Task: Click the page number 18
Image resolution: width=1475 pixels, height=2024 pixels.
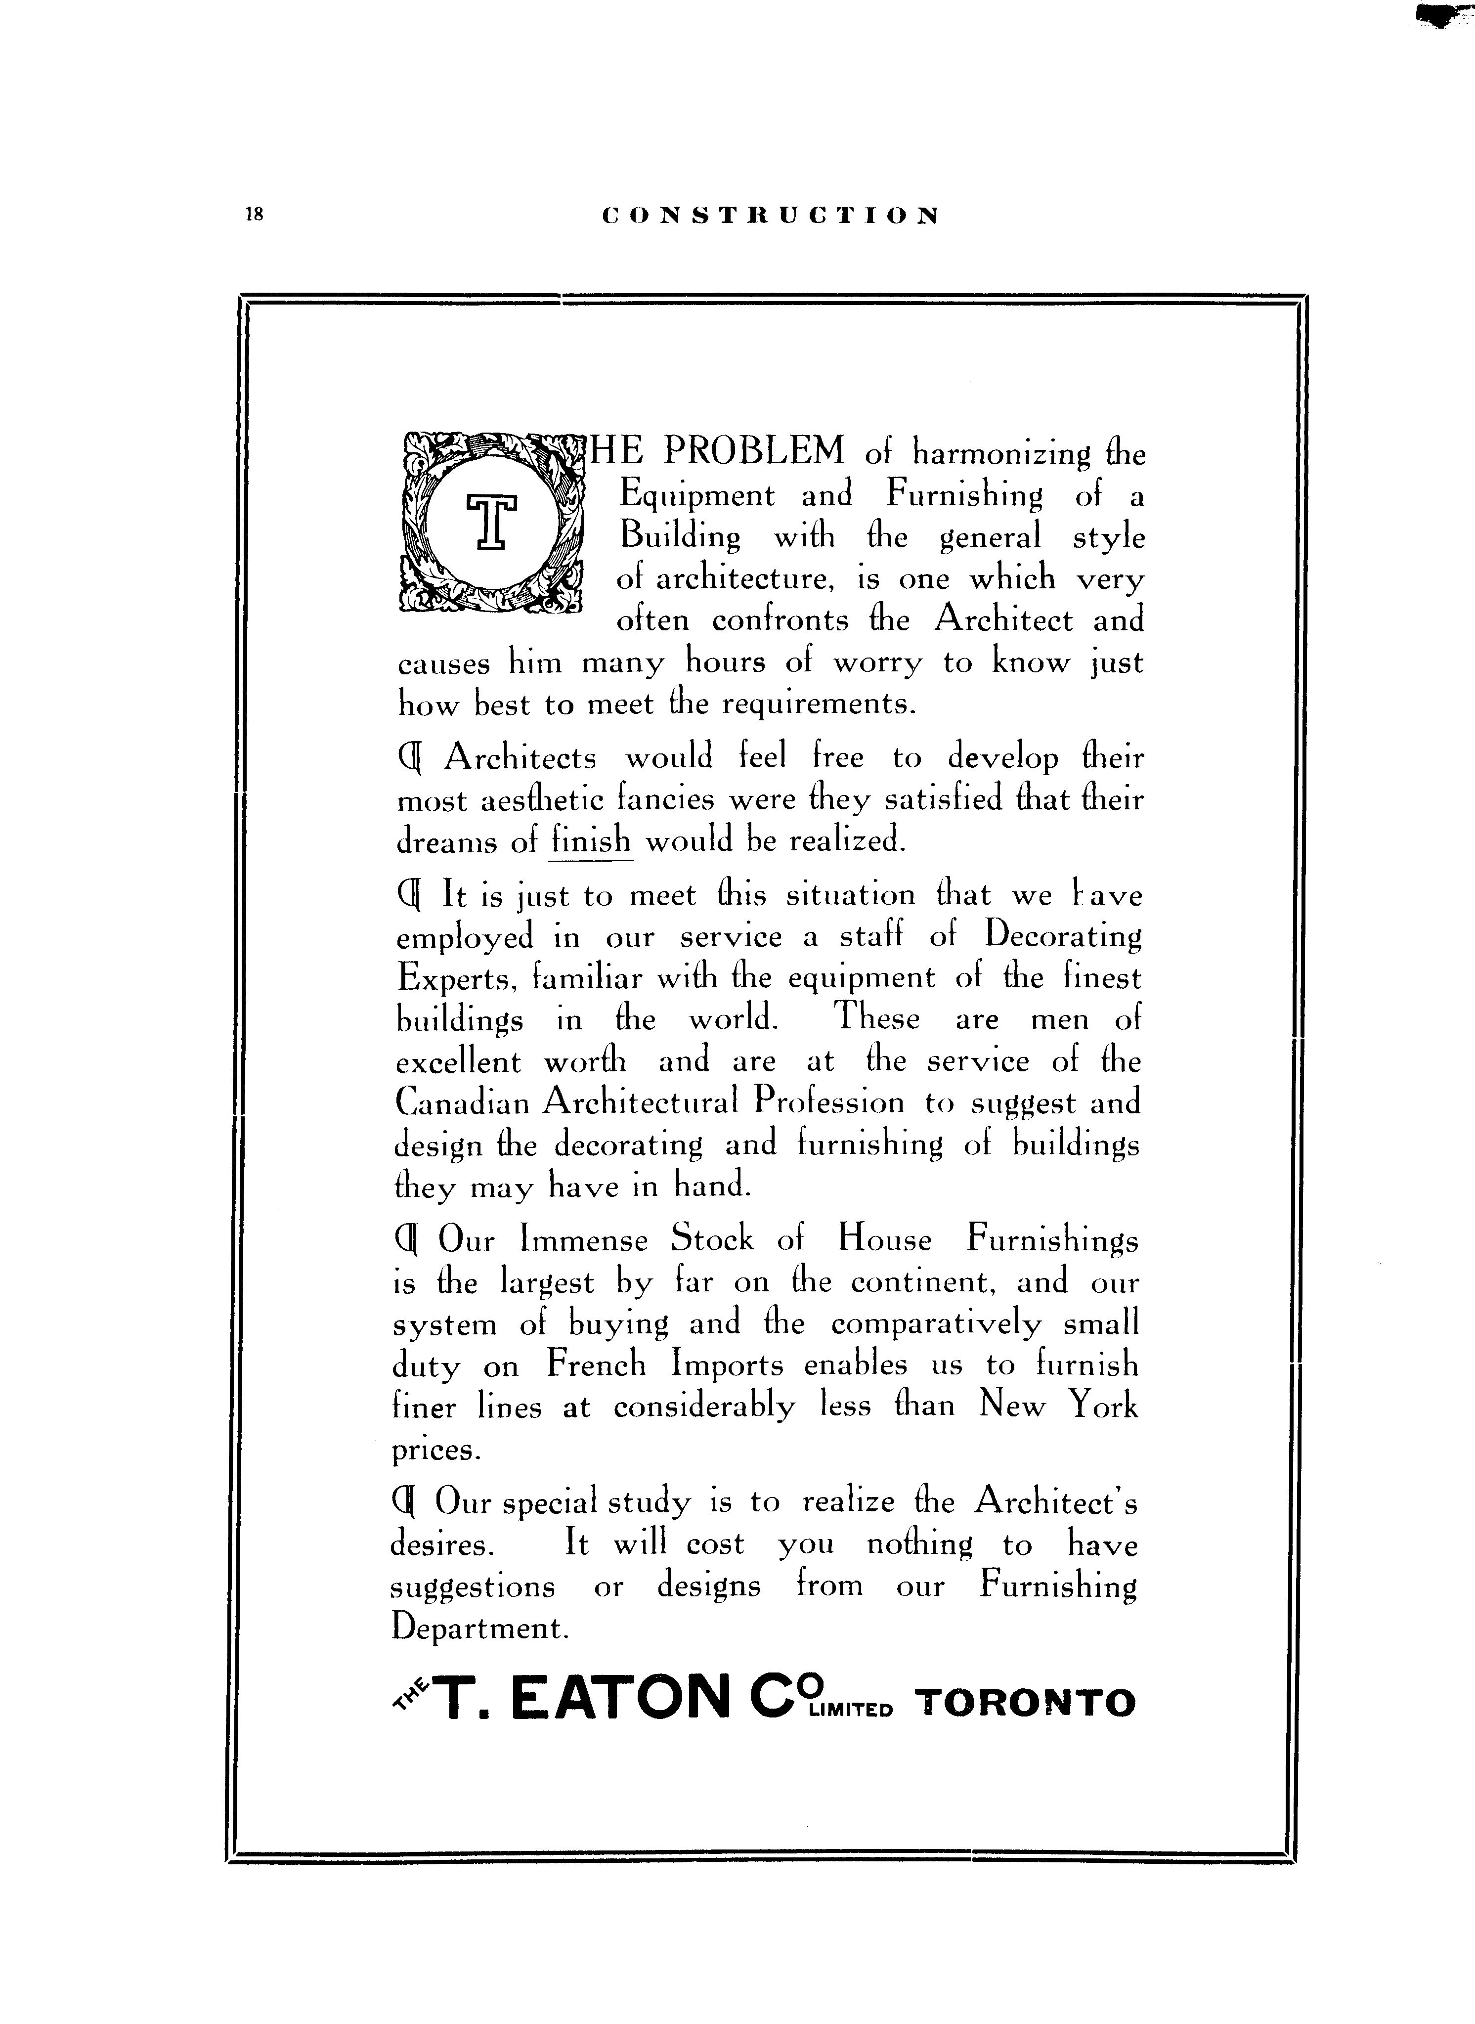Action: coord(254,214)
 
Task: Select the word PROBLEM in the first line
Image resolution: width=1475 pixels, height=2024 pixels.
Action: coord(754,451)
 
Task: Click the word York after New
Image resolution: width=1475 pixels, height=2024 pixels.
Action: coord(1104,1406)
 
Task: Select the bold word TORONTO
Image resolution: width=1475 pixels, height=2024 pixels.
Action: coord(1026,1703)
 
